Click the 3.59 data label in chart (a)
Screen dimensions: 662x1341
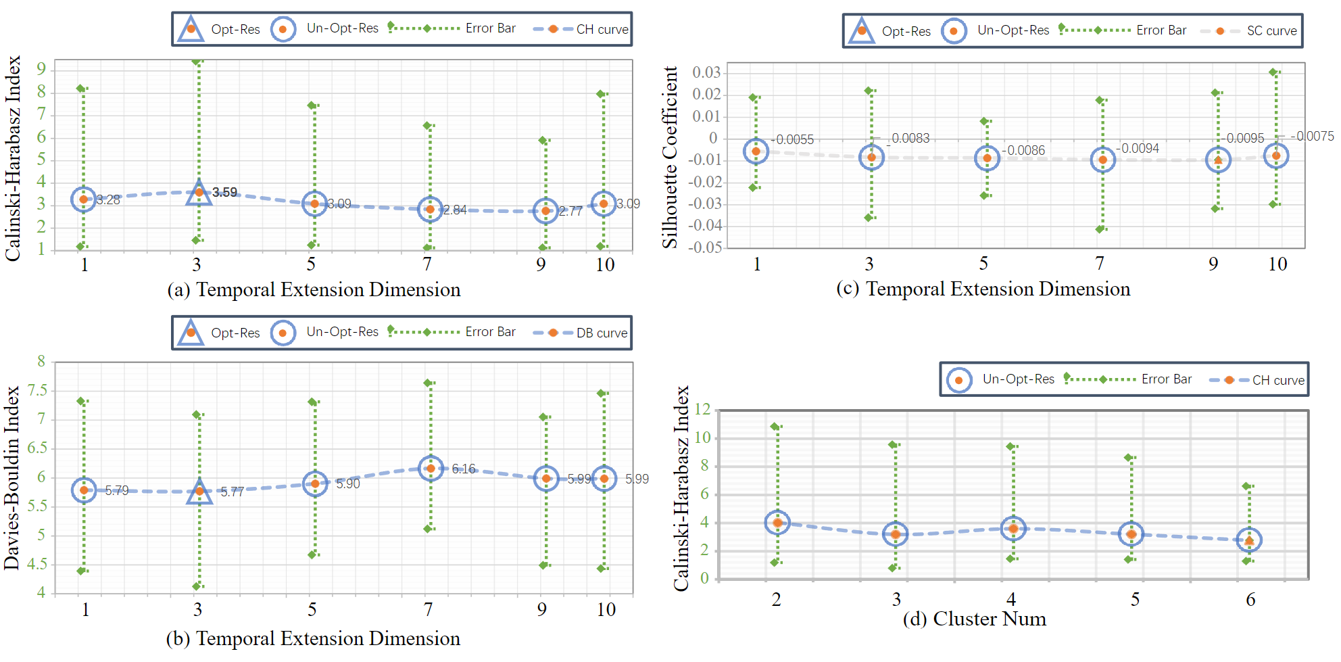[x=225, y=192]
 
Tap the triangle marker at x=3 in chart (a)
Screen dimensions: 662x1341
[x=199, y=193]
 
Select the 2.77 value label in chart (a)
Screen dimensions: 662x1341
[x=570, y=211]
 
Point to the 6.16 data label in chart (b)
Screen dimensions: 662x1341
[x=464, y=469]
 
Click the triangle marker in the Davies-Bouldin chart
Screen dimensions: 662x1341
[x=199, y=491]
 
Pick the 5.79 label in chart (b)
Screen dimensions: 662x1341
[x=117, y=490]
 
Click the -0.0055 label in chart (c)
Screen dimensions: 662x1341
[x=793, y=139]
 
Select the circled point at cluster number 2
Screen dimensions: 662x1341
[x=777, y=523]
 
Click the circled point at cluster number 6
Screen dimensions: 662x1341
[x=1249, y=540]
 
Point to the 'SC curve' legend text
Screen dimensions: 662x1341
[x=1271, y=31]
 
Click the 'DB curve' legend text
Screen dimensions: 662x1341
[x=602, y=333]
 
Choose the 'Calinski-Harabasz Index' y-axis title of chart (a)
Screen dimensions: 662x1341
[x=13, y=158]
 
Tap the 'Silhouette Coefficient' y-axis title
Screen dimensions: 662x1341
[x=670, y=157]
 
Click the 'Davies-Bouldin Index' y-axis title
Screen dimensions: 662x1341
[x=11, y=477]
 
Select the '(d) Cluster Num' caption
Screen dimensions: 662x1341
[x=974, y=619]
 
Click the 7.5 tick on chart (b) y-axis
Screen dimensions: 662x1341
[x=38, y=390]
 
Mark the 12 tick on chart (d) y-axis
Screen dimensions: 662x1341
[x=702, y=409]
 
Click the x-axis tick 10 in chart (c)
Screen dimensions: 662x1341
[x=1277, y=264]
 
